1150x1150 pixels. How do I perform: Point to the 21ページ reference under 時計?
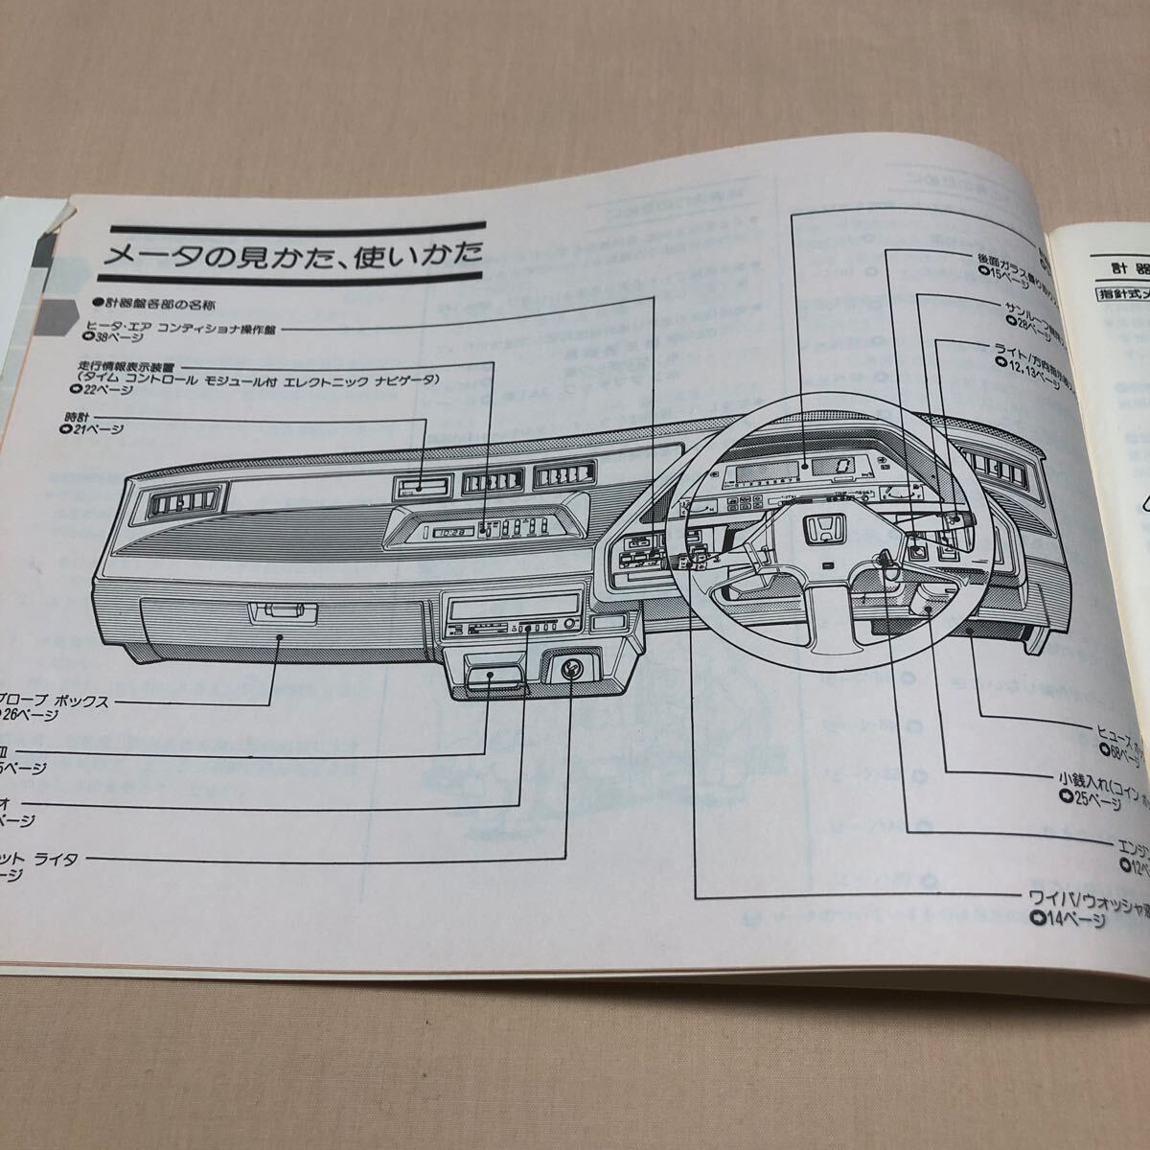(93, 431)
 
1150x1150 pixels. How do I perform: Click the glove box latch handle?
(282, 610)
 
